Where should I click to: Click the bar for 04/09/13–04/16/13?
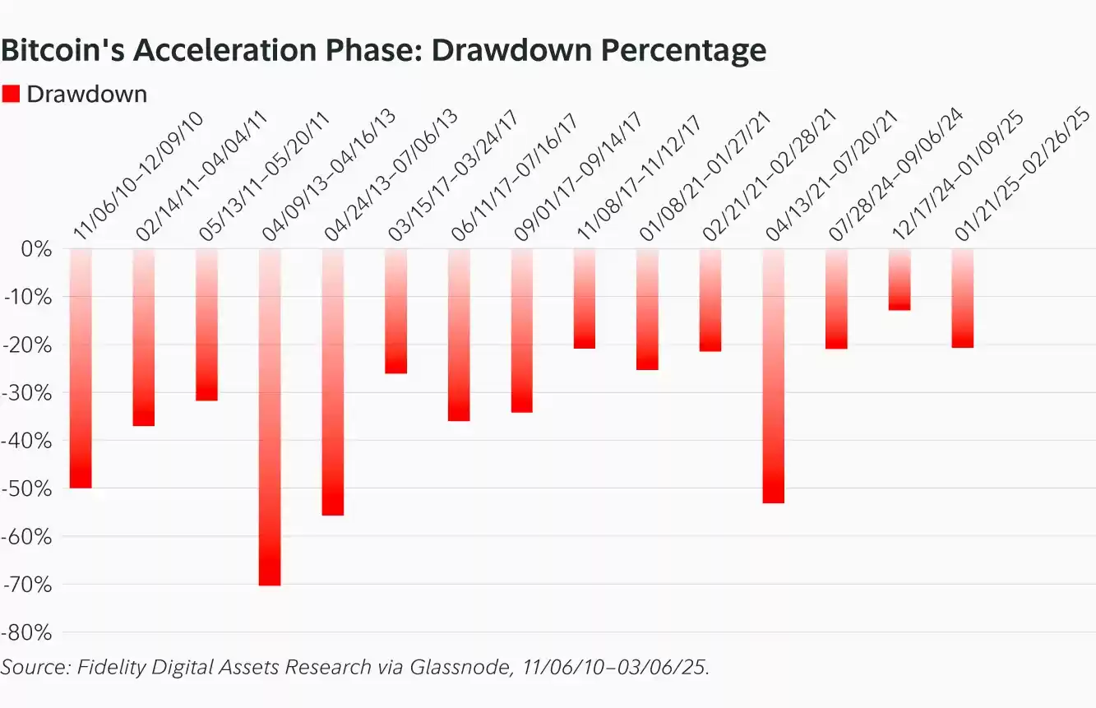tap(270, 416)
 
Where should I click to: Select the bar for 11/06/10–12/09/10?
tap(81, 368)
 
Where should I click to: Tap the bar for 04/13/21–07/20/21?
tap(773, 375)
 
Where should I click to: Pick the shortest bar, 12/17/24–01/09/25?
tap(899, 279)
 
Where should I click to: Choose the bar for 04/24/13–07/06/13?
tap(333, 382)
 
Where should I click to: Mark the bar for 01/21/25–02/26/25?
tap(962, 298)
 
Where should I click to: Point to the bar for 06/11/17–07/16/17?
tap(459, 334)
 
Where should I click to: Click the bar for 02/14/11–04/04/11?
tap(144, 336)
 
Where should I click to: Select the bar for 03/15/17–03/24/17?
tap(395, 310)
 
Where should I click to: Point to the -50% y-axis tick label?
tap(27, 488)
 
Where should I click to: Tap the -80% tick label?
tap(27, 632)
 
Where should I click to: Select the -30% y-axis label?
tap(27, 392)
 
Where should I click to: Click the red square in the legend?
tap(11, 94)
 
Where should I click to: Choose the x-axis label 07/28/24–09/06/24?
tap(896, 176)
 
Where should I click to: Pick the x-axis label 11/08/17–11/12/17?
tap(641, 176)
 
